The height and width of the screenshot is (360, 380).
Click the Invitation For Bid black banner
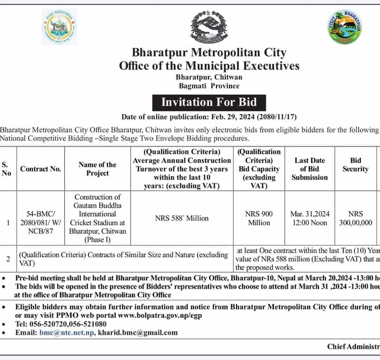tap(209, 102)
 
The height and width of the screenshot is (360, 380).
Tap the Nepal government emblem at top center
tap(209, 26)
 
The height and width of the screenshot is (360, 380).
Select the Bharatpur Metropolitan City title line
tap(209, 52)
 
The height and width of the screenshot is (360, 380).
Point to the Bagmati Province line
tap(209, 86)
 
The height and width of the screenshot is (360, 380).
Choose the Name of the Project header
tap(97, 169)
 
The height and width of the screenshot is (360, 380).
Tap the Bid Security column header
tap(355, 165)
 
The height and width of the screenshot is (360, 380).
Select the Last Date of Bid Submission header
tap(310, 169)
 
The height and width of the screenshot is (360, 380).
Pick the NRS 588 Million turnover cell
tap(181, 218)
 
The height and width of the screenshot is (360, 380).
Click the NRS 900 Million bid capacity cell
tap(259, 218)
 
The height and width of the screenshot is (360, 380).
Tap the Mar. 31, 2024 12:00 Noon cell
tap(310, 218)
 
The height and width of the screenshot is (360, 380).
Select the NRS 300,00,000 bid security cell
tap(355, 218)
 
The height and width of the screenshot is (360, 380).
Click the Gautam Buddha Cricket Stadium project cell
tap(97, 218)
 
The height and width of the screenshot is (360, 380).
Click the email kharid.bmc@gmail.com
tap(137, 332)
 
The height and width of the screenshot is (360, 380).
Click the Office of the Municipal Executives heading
tap(209, 65)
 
